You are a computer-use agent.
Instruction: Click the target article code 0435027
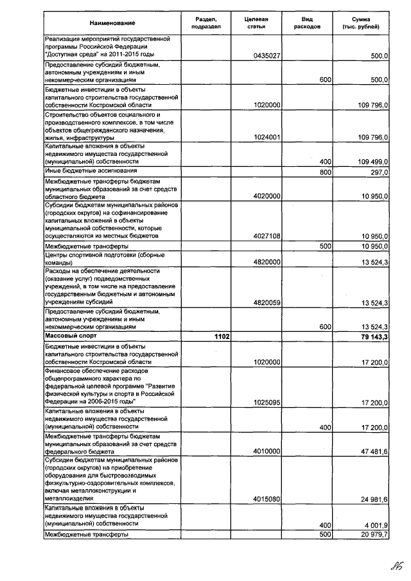[267, 56]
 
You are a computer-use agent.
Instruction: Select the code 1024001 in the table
[267, 138]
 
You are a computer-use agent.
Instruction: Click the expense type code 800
[325, 172]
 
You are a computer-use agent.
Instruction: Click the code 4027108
[267, 236]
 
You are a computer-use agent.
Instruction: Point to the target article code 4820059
[267, 302]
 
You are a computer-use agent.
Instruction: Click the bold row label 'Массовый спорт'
[71, 335]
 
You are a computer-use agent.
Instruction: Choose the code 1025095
[267, 403]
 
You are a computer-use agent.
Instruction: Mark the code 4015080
[267, 498]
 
